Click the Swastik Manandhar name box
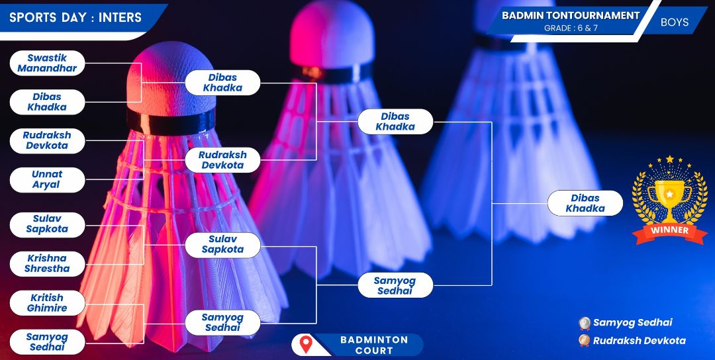pyautogui.click(x=48, y=64)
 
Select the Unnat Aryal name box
pyautogui.click(x=48, y=179)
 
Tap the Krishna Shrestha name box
pyautogui.click(x=48, y=263)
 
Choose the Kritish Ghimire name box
pyautogui.click(x=48, y=303)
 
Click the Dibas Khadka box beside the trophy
pyautogui.click(x=585, y=203)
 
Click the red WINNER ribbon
pyautogui.click(x=669, y=230)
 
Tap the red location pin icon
pyautogui.click(x=306, y=345)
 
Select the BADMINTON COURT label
pyautogui.click(x=374, y=345)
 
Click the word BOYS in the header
pyautogui.click(x=675, y=22)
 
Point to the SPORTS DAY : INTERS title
pyautogui.click(x=75, y=17)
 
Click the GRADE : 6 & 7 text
pyautogui.click(x=571, y=28)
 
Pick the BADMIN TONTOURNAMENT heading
pyautogui.click(x=571, y=15)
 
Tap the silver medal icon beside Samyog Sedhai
pyautogui.click(x=585, y=323)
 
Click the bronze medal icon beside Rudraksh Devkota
pyautogui.click(x=585, y=341)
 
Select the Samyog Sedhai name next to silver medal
pyautogui.click(x=632, y=323)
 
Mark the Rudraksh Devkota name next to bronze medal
pyautogui.click(x=639, y=341)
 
